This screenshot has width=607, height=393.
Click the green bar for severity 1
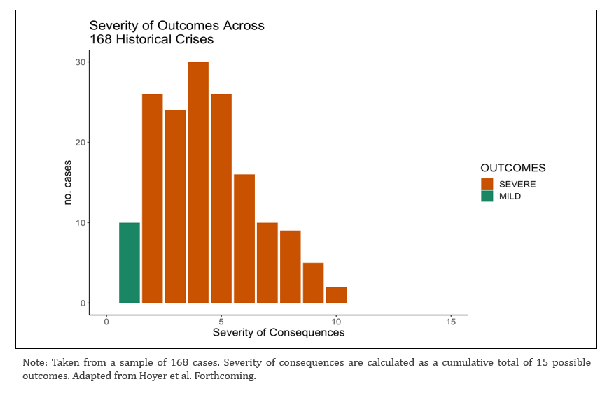(x=130, y=263)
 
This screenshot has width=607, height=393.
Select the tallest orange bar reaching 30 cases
(x=198, y=183)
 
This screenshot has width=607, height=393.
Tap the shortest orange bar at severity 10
(x=336, y=294)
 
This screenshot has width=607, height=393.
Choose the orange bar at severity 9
(x=313, y=283)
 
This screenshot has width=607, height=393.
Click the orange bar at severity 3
(x=175, y=206)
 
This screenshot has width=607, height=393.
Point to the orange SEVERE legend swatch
(x=487, y=184)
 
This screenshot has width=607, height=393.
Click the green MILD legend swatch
(x=487, y=196)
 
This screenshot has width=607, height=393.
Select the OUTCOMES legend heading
(x=512, y=169)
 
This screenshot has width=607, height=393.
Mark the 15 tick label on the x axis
(x=450, y=322)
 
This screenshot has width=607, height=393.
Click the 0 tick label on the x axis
(x=106, y=322)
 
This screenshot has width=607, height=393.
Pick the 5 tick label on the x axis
(x=221, y=322)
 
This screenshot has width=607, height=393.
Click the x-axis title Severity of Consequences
(x=279, y=333)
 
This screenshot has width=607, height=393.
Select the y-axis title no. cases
(x=68, y=183)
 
